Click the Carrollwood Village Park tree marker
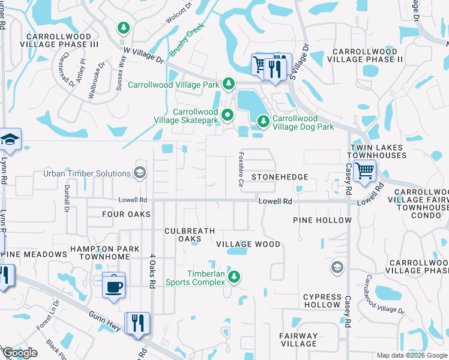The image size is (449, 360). pyautogui.click(x=228, y=83)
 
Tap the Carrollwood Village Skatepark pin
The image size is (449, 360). pyautogui.click(x=227, y=115)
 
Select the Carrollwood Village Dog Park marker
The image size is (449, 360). pyautogui.click(x=263, y=122)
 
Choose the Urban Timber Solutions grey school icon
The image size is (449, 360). pyautogui.click(x=140, y=173)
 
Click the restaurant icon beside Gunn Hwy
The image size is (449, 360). pyautogui.click(x=136, y=323)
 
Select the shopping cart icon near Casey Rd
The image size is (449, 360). pyautogui.click(x=364, y=171)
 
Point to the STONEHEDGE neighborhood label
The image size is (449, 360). pyautogui.click(x=279, y=177)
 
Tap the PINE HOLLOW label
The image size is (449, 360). pyautogui.click(x=322, y=220)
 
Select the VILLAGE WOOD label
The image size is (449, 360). pyautogui.click(x=248, y=244)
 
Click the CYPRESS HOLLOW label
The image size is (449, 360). pyautogui.click(x=322, y=301)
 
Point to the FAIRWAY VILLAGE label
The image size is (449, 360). pyautogui.click(x=298, y=340)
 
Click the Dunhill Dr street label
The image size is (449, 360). pyautogui.click(x=67, y=197)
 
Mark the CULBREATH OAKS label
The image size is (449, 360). pyautogui.click(x=187, y=234)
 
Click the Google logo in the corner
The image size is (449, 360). pyautogui.click(x=19, y=353)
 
